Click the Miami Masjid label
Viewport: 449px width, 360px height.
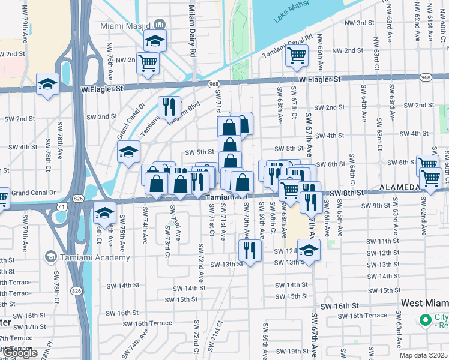128,23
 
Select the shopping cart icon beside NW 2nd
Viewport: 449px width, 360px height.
148,63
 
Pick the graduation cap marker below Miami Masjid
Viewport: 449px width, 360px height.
155,42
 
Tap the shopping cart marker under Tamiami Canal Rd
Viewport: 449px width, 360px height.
297,56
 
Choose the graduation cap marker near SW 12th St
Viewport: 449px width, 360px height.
309,250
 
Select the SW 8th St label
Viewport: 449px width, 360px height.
348,193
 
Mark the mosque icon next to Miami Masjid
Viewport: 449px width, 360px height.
159,23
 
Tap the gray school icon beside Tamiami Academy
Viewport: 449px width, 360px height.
52,257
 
